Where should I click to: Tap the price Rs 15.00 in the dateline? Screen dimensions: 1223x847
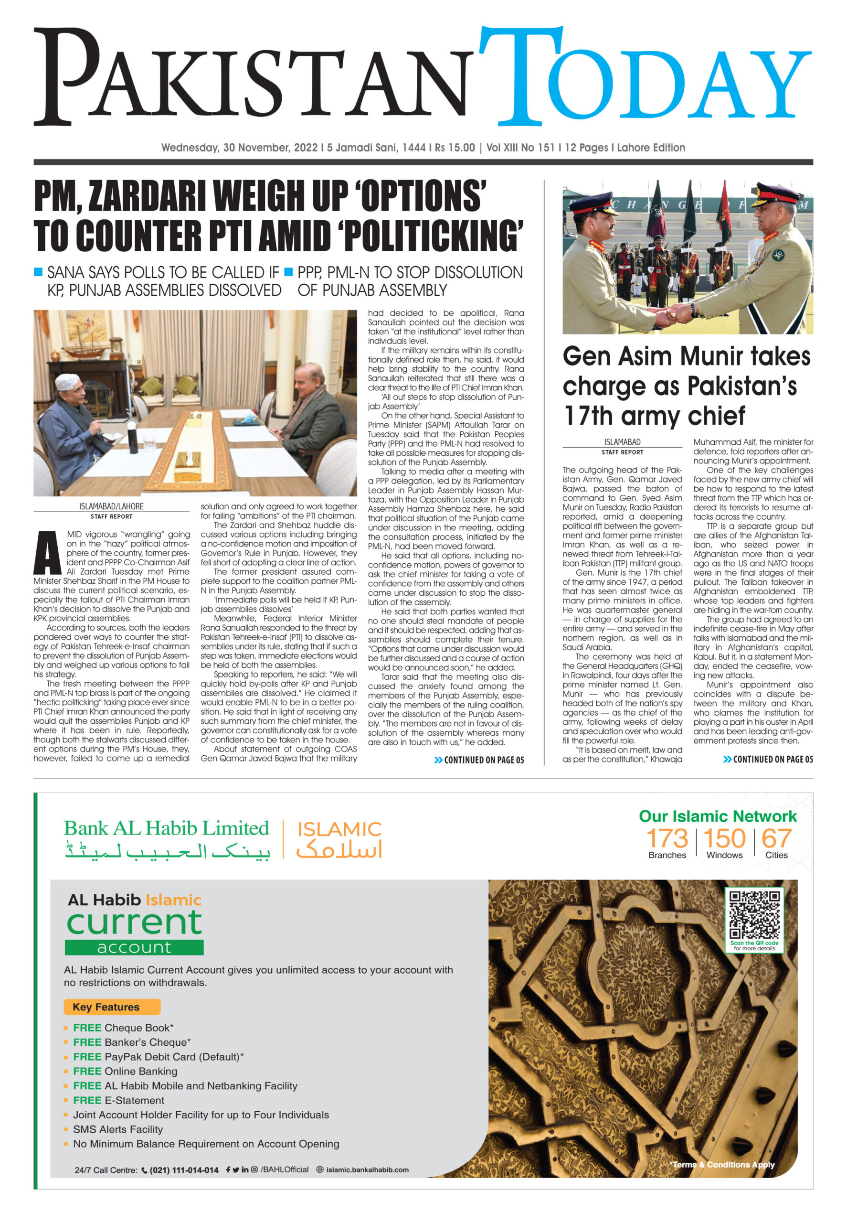click(455, 148)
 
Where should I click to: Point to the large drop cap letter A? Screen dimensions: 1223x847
click(48, 553)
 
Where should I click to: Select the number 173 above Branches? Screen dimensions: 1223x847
click(667, 839)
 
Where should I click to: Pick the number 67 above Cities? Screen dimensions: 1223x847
click(776, 839)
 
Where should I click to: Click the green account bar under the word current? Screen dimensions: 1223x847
click(134, 947)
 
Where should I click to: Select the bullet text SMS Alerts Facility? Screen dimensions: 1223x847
click(118, 1129)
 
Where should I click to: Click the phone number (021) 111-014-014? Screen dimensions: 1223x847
click(184, 1170)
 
